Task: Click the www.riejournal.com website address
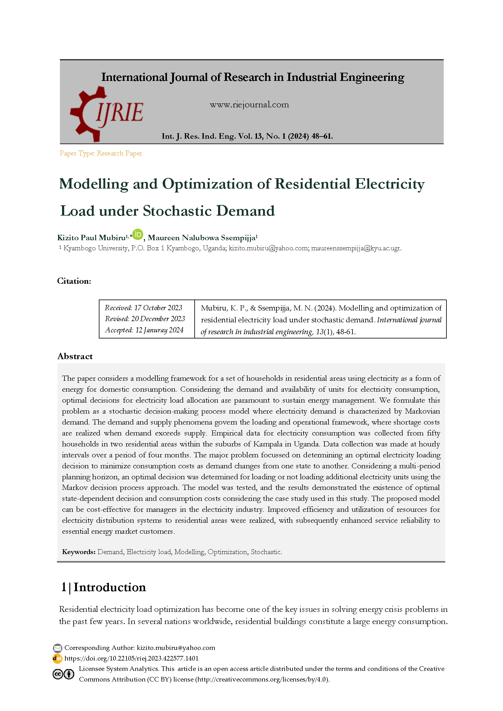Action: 249,105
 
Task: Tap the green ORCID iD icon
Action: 137,234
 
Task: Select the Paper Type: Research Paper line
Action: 101,153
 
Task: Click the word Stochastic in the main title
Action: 177,211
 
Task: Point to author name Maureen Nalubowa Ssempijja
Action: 202,238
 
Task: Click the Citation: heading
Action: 74,281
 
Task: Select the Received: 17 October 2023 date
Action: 144,308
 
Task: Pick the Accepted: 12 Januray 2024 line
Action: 144,330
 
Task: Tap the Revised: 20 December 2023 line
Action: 145,319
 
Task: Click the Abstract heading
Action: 75,356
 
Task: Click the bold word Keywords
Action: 78,552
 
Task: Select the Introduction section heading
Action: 110,588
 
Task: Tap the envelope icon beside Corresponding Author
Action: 57,648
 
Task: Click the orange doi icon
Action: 57,658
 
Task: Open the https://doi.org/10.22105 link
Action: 131,658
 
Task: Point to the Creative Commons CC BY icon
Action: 64,674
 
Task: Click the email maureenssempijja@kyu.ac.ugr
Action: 356,248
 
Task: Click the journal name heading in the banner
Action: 253,77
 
